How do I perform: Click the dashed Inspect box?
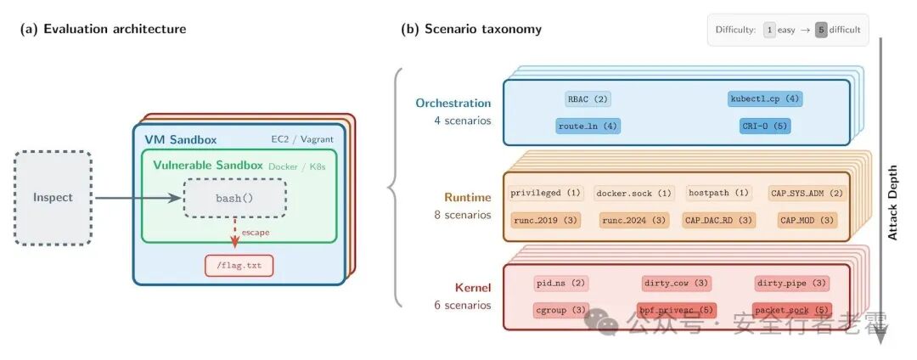point(53,198)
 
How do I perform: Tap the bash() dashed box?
point(235,198)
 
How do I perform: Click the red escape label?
point(255,231)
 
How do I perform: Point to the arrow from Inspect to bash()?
point(136,198)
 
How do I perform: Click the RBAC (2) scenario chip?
point(588,98)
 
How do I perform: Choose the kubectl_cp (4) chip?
point(765,98)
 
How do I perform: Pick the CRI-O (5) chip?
point(765,126)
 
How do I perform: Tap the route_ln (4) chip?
point(588,126)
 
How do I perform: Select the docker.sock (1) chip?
point(634,193)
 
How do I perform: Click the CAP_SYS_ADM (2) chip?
point(807,193)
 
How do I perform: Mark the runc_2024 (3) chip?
point(634,220)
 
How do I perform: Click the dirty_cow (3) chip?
point(677,283)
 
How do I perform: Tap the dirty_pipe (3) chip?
point(790,283)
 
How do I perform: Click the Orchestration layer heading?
point(453,103)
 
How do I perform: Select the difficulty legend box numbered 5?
point(821,30)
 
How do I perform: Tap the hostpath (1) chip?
point(719,193)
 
